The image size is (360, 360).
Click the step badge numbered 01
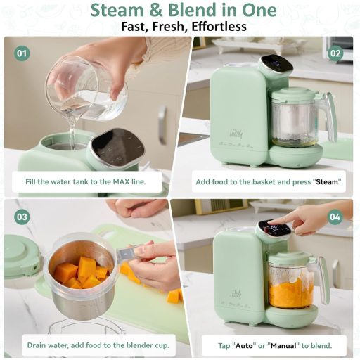pos(22,53)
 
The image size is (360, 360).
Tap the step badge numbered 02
pos(335,53)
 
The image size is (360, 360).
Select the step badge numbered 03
pos(22,217)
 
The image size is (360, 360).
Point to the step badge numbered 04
pos(335,217)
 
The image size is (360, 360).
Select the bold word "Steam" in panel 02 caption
pos(328,181)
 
